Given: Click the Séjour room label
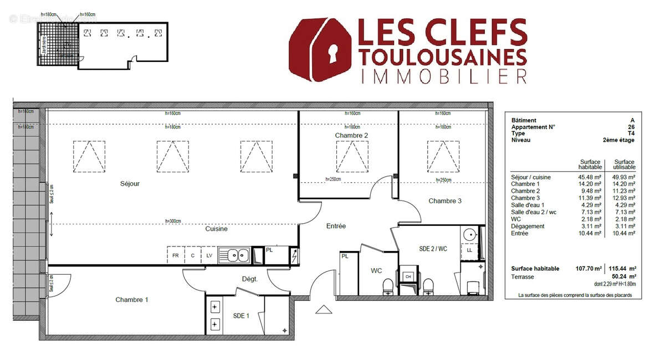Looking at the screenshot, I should (x=130, y=184).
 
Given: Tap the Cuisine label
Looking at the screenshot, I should (x=216, y=229).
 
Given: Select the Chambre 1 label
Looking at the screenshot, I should (x=132, y=300).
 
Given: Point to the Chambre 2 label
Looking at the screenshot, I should (x=351, y=135).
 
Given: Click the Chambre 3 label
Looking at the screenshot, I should (x=444, y=201).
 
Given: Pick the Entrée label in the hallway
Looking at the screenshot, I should (x=336, y=226).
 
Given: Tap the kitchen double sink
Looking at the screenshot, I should (x=234, y=255).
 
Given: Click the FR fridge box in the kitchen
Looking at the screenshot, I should (x=176, y=255).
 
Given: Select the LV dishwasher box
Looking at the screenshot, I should (x=209, y=255).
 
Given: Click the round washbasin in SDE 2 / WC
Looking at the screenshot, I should (x=470, y=235).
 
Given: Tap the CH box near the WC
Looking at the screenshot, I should (x=408, y=276).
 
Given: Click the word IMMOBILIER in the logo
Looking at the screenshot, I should (x=443, y=76).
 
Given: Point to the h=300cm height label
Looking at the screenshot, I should (x=173, y=222).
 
